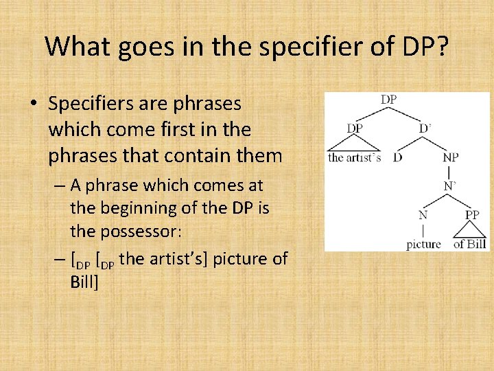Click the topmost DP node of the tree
coord(388,100)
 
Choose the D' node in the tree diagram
coord(426,128)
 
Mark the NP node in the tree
coord(451,157)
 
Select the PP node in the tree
coord(472,214)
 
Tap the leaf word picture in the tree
coord(424,244)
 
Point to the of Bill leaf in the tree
coord(470,244)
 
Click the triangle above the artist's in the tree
coord(355,144)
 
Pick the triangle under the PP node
coord(471,230)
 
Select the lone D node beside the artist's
coord(397,157)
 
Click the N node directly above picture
coord(424,214)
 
